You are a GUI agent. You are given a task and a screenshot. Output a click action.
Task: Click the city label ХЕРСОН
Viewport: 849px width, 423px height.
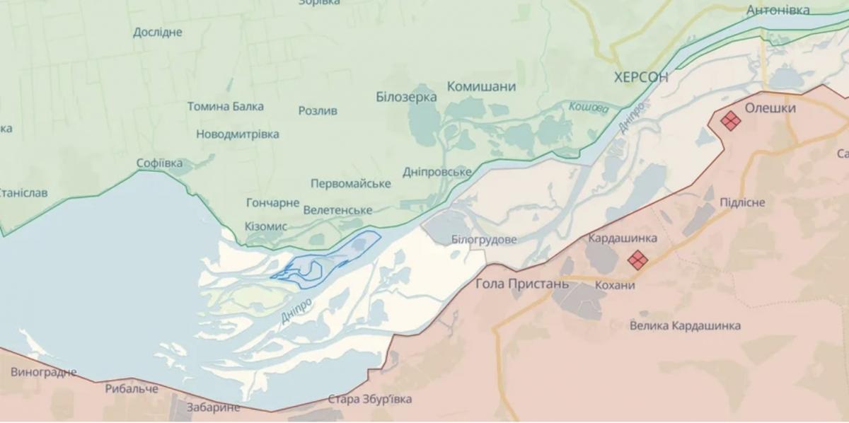(x=640, y=77)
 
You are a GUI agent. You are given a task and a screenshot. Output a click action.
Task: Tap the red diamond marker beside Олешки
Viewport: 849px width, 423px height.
(x=730, y=122)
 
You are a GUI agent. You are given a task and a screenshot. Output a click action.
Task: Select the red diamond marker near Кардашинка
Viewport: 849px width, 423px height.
(x=637, y=260)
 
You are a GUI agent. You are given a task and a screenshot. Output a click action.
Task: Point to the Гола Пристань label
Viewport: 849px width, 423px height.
(x=522, y=284)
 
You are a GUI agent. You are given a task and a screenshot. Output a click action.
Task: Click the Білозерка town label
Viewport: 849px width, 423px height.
(x=406, y=97)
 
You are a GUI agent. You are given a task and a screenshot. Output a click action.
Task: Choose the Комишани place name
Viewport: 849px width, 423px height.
(x=481, y=86)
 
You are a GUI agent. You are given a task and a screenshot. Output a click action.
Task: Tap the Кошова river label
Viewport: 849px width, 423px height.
(x=588, y=108)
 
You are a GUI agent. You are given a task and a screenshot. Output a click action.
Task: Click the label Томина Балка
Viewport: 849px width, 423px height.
(x=225, y=106)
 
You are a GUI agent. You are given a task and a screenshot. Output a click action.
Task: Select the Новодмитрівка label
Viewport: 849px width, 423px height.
(x=237, y=134)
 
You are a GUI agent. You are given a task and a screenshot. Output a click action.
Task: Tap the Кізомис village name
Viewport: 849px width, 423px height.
(x=265, y=226)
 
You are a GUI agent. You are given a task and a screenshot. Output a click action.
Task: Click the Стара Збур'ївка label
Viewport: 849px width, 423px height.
(x=369, y=399)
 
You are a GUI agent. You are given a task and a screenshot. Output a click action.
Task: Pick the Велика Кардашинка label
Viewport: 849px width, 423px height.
(x=686, y=325)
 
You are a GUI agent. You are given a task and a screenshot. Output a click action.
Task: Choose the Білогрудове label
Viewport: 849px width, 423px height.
(x=483, y=239)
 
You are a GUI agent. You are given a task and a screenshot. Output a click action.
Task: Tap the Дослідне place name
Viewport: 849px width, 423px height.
(x=157, y=32)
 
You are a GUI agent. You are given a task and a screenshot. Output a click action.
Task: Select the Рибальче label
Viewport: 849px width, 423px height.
(x=132, y=388)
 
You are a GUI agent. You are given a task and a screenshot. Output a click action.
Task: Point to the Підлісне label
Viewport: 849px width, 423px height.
(x=741, y=202)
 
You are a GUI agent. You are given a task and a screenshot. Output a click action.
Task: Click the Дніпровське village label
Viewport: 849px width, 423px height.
(x=437, y=172)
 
